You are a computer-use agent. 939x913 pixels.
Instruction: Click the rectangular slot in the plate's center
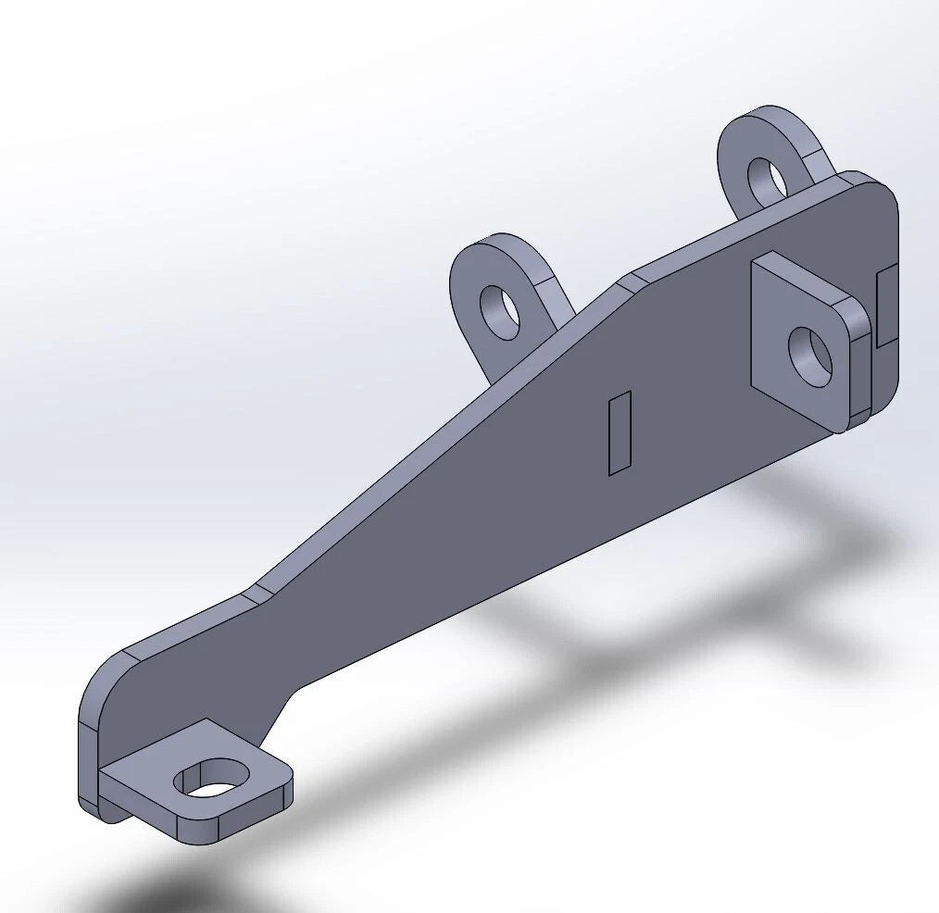[x=620, y=432]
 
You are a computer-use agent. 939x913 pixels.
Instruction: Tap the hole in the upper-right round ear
[x=766, y=181]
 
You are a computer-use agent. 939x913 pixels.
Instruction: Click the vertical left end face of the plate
[x=87, y=759]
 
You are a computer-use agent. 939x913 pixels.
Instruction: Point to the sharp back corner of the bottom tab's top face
[x=206, y=721]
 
